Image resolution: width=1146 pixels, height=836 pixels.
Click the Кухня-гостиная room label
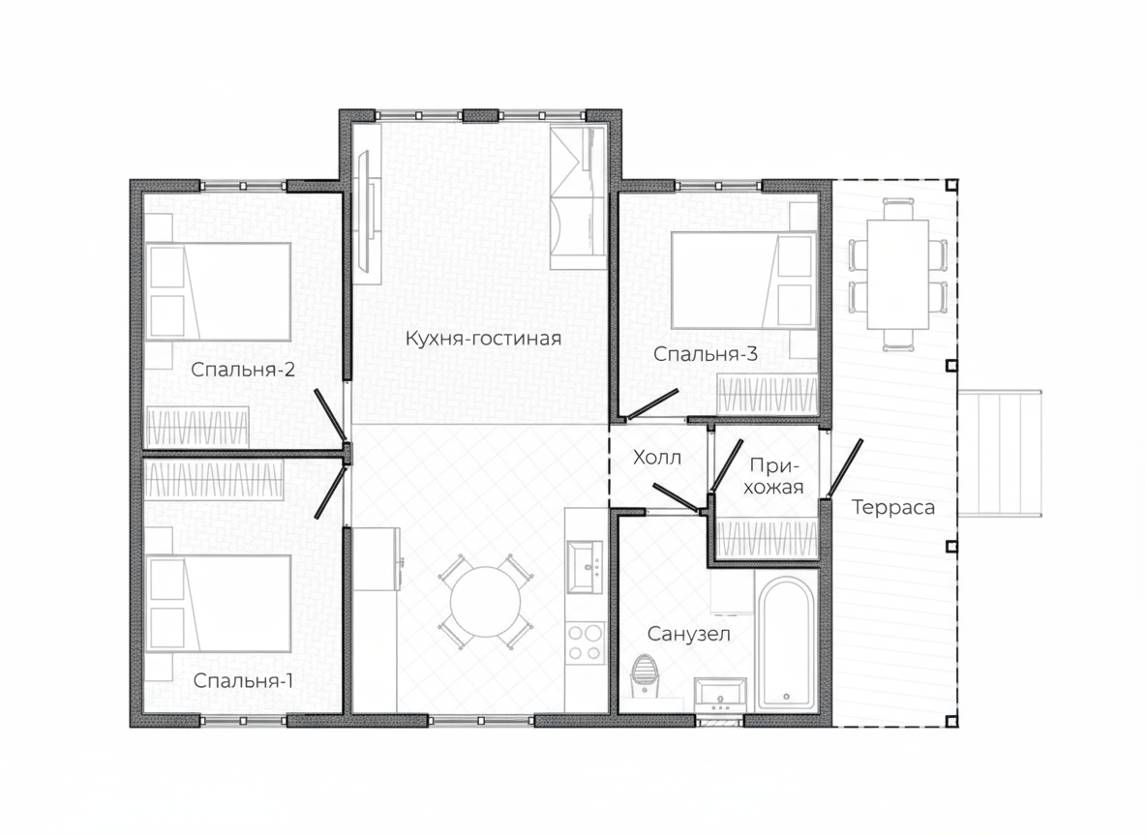click(483, 339)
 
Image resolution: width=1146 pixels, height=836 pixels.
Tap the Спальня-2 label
click(243, 370)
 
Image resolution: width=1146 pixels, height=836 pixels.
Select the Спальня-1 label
click(243, 681)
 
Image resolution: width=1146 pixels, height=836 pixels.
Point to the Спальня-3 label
click(706, 354)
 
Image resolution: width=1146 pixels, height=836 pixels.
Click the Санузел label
click(688, 635)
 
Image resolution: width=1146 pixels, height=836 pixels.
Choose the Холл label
click(657, 459)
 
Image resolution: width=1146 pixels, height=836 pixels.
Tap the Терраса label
click(893, 507)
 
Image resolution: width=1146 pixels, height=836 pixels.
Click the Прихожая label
click(774, 476)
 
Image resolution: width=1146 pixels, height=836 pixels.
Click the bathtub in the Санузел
click(786, 642)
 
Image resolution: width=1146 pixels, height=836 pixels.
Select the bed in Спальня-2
click(219, 292)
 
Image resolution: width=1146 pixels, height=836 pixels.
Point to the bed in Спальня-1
click(219, 603)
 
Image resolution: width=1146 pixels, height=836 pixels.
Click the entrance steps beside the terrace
click(1000, 453)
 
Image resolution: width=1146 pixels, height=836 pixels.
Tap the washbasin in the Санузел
click(720, 694)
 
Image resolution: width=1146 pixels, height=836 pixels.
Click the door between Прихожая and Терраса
click(845, 468)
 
